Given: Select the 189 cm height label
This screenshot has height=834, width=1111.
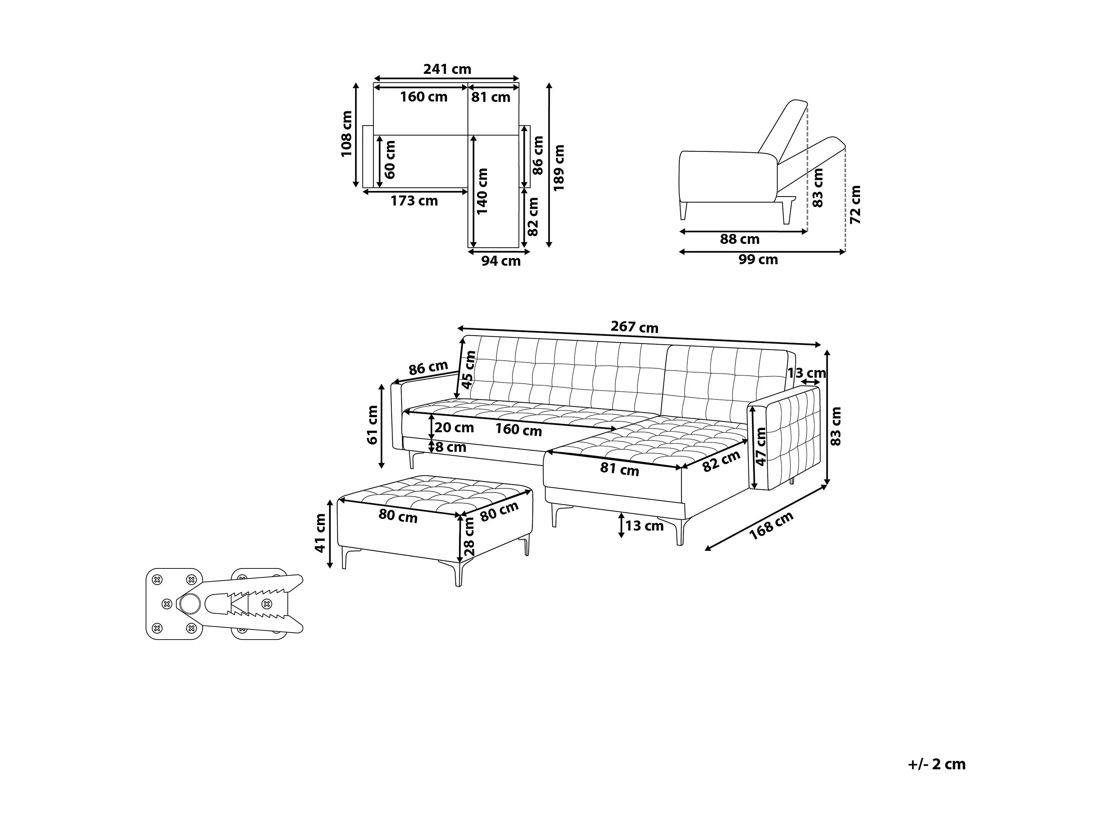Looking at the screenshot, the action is click(x=559, y=167).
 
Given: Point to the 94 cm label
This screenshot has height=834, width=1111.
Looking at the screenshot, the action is click(x=501, y=261).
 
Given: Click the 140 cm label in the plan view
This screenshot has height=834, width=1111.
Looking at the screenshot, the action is click(x=482, y=191).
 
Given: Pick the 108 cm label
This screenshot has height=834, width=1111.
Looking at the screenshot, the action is click(x=346, y=134).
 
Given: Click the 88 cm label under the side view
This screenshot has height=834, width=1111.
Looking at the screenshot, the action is click(x=739, y=239).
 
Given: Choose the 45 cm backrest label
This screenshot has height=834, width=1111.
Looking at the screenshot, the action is click(x=468, y=370).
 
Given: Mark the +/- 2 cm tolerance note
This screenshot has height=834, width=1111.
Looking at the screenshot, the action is click(x=937, y=764).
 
